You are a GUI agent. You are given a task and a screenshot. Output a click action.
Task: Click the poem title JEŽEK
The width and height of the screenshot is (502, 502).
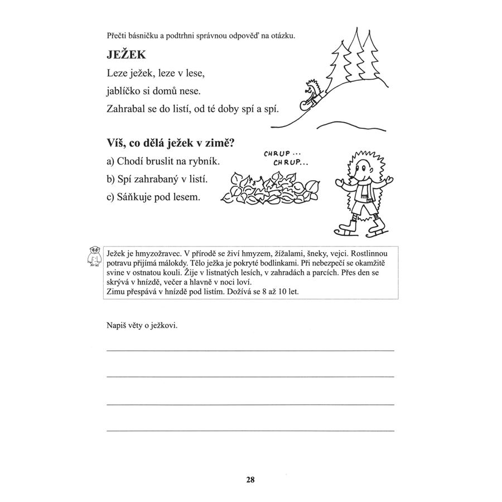coord(126,55)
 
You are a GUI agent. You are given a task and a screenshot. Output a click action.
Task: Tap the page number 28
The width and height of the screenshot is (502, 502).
coord(250,479)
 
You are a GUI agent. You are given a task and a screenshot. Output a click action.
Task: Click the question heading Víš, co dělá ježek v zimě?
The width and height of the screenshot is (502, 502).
coord(170,143)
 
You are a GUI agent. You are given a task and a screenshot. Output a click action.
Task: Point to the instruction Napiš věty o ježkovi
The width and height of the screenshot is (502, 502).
coord(142,325)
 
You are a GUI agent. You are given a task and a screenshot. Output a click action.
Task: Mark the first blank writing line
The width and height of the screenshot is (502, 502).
coord(250,350)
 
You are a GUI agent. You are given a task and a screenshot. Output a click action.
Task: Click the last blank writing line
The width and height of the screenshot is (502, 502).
coord(250,430)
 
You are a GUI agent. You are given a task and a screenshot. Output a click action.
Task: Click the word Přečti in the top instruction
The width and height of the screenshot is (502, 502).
coord(118,36)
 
